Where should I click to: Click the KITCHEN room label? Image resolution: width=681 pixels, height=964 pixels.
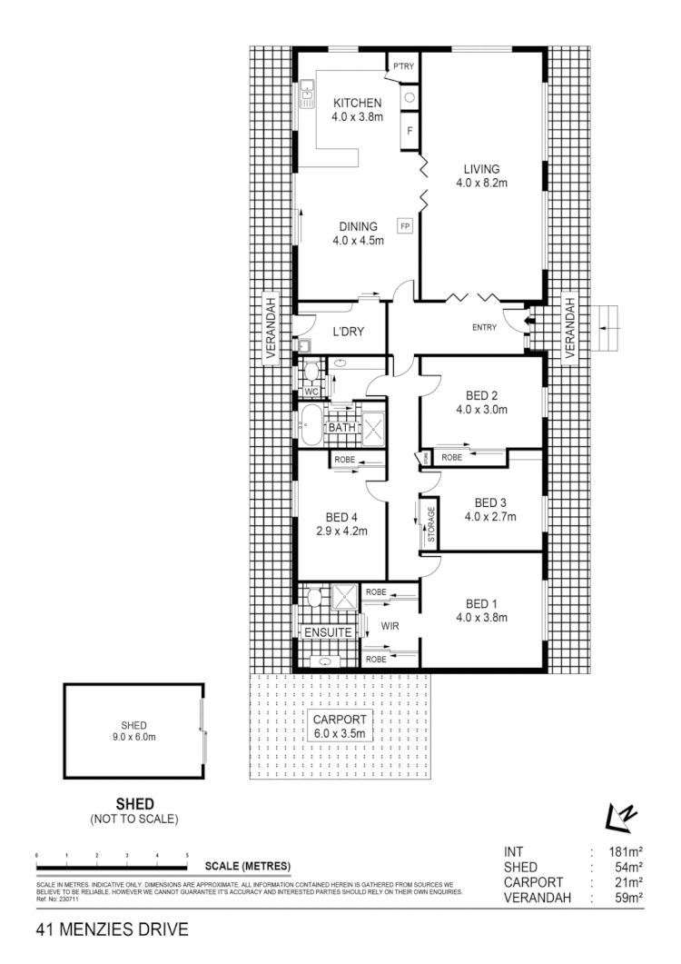(357, 103)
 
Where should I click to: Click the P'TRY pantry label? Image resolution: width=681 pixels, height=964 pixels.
(403, 65)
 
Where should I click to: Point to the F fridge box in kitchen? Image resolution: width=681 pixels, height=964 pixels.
(410, 131)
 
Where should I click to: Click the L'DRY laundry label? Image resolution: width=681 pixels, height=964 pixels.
(348, 333)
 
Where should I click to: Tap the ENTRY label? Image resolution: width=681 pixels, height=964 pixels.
(483, 328)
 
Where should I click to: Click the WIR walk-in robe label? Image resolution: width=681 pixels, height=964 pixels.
(390, 625)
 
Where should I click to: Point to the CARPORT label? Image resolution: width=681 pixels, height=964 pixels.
(339, 720)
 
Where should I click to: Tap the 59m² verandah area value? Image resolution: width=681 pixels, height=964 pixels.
(627, 898)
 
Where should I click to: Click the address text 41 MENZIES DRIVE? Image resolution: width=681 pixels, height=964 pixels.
(112, 929)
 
